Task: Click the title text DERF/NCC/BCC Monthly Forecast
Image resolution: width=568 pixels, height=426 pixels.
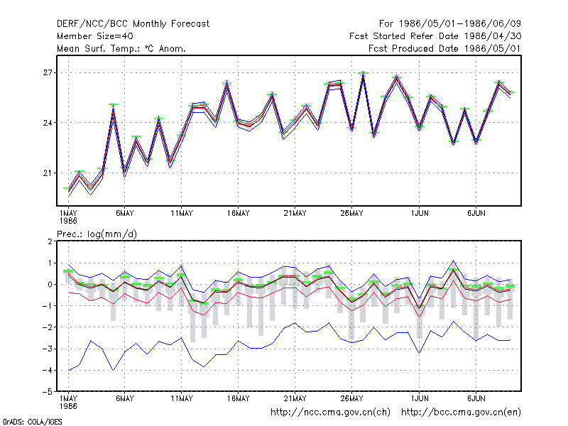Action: tap(133, 24)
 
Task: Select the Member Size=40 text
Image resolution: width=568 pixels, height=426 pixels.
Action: tap(95, 36)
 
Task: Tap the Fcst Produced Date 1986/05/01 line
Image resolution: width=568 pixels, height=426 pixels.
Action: tap(444, 48)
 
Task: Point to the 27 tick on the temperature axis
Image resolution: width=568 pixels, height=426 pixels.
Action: tap(48, 73)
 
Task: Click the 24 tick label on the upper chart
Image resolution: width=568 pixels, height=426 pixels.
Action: tap(48, 123)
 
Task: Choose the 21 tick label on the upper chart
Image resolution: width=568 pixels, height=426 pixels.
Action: tap(48, 173)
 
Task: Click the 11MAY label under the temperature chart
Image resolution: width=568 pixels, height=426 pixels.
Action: tap(182, 214)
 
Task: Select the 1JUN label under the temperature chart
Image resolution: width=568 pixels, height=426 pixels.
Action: tap(420, 214)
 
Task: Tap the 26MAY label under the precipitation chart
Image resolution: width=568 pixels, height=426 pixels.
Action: tap(351, 398)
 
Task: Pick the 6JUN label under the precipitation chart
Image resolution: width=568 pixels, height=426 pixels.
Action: tap(476, 398)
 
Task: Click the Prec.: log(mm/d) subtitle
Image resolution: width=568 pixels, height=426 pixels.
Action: tap(97, 234)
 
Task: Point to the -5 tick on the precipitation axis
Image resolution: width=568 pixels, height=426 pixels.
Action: tap(48, 392)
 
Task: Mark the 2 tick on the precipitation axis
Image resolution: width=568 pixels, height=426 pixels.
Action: tap(50, 241)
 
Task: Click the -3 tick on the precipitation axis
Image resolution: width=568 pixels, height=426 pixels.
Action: tap(48, 349)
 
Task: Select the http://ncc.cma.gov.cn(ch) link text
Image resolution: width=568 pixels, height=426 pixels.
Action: tap(330, 413)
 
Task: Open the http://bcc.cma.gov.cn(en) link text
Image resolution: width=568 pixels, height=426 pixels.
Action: tap(461, 413)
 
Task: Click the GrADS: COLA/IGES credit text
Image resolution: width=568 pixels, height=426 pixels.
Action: tap(32, 422)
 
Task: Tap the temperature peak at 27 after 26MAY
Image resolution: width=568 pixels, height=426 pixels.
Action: tap(363, 74)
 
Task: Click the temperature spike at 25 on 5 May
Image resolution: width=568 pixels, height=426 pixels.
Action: tap(114, 105)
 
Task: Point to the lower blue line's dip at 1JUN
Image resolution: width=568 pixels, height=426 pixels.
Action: tap(420, 353)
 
